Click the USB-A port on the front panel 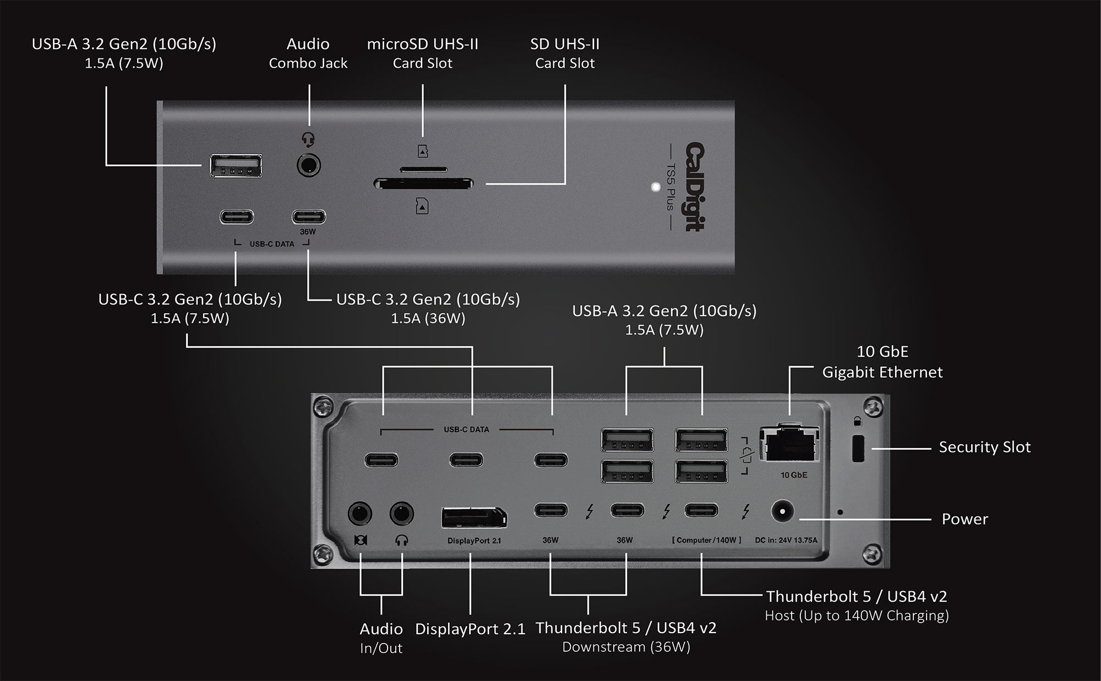[x=236, y=166]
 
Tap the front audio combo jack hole [x=309, y=165]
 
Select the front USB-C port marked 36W [x=308, y=216]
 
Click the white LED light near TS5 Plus [x=656, y=187]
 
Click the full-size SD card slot [x=423, y=183]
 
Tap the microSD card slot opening [x=423, y=169]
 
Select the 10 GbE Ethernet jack [x=789, y=444]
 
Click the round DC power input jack [x=781, y=512]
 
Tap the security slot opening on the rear [x=858, y=449]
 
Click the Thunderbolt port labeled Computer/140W [x=701, y=510]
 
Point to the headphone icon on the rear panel [x=401, y=540]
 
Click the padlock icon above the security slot [x=857, y=422]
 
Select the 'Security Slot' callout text [x=984, y=447]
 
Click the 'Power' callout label [x=964, y=519]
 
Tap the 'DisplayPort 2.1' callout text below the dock [x=470, y=629]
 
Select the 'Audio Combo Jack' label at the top [x=308, y=53]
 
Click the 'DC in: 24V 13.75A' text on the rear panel [x=786, y=540]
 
